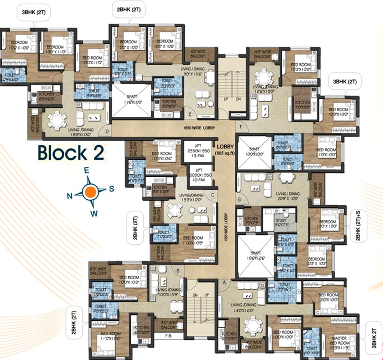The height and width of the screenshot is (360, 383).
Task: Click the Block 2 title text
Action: [x=70, y=153]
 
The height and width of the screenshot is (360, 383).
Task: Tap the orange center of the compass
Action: [x=92, y=190]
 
